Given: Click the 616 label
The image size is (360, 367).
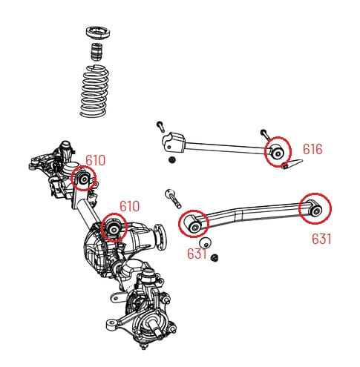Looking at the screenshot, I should click(312, 150).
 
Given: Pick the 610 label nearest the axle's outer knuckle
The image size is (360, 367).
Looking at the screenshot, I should click(95, 160).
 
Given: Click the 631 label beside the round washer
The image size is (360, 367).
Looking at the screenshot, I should click(196, 254).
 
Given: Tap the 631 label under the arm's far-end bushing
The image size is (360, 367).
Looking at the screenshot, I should click(321, 239).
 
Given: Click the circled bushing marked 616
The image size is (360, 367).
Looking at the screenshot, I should click(278, 152).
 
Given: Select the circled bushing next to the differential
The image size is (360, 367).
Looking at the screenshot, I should click(114, 227).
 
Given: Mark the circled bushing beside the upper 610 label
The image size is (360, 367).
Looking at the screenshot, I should click(84, 179).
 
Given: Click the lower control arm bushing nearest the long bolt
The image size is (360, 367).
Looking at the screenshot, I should click(194, 223).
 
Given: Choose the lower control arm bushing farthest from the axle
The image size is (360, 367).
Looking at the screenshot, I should click(312, 208).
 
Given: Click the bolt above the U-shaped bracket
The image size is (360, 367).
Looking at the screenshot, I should click(159, 124).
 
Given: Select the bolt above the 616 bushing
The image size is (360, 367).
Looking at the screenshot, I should click(264, 133).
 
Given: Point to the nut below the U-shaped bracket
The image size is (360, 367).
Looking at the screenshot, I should click(172, 161).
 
